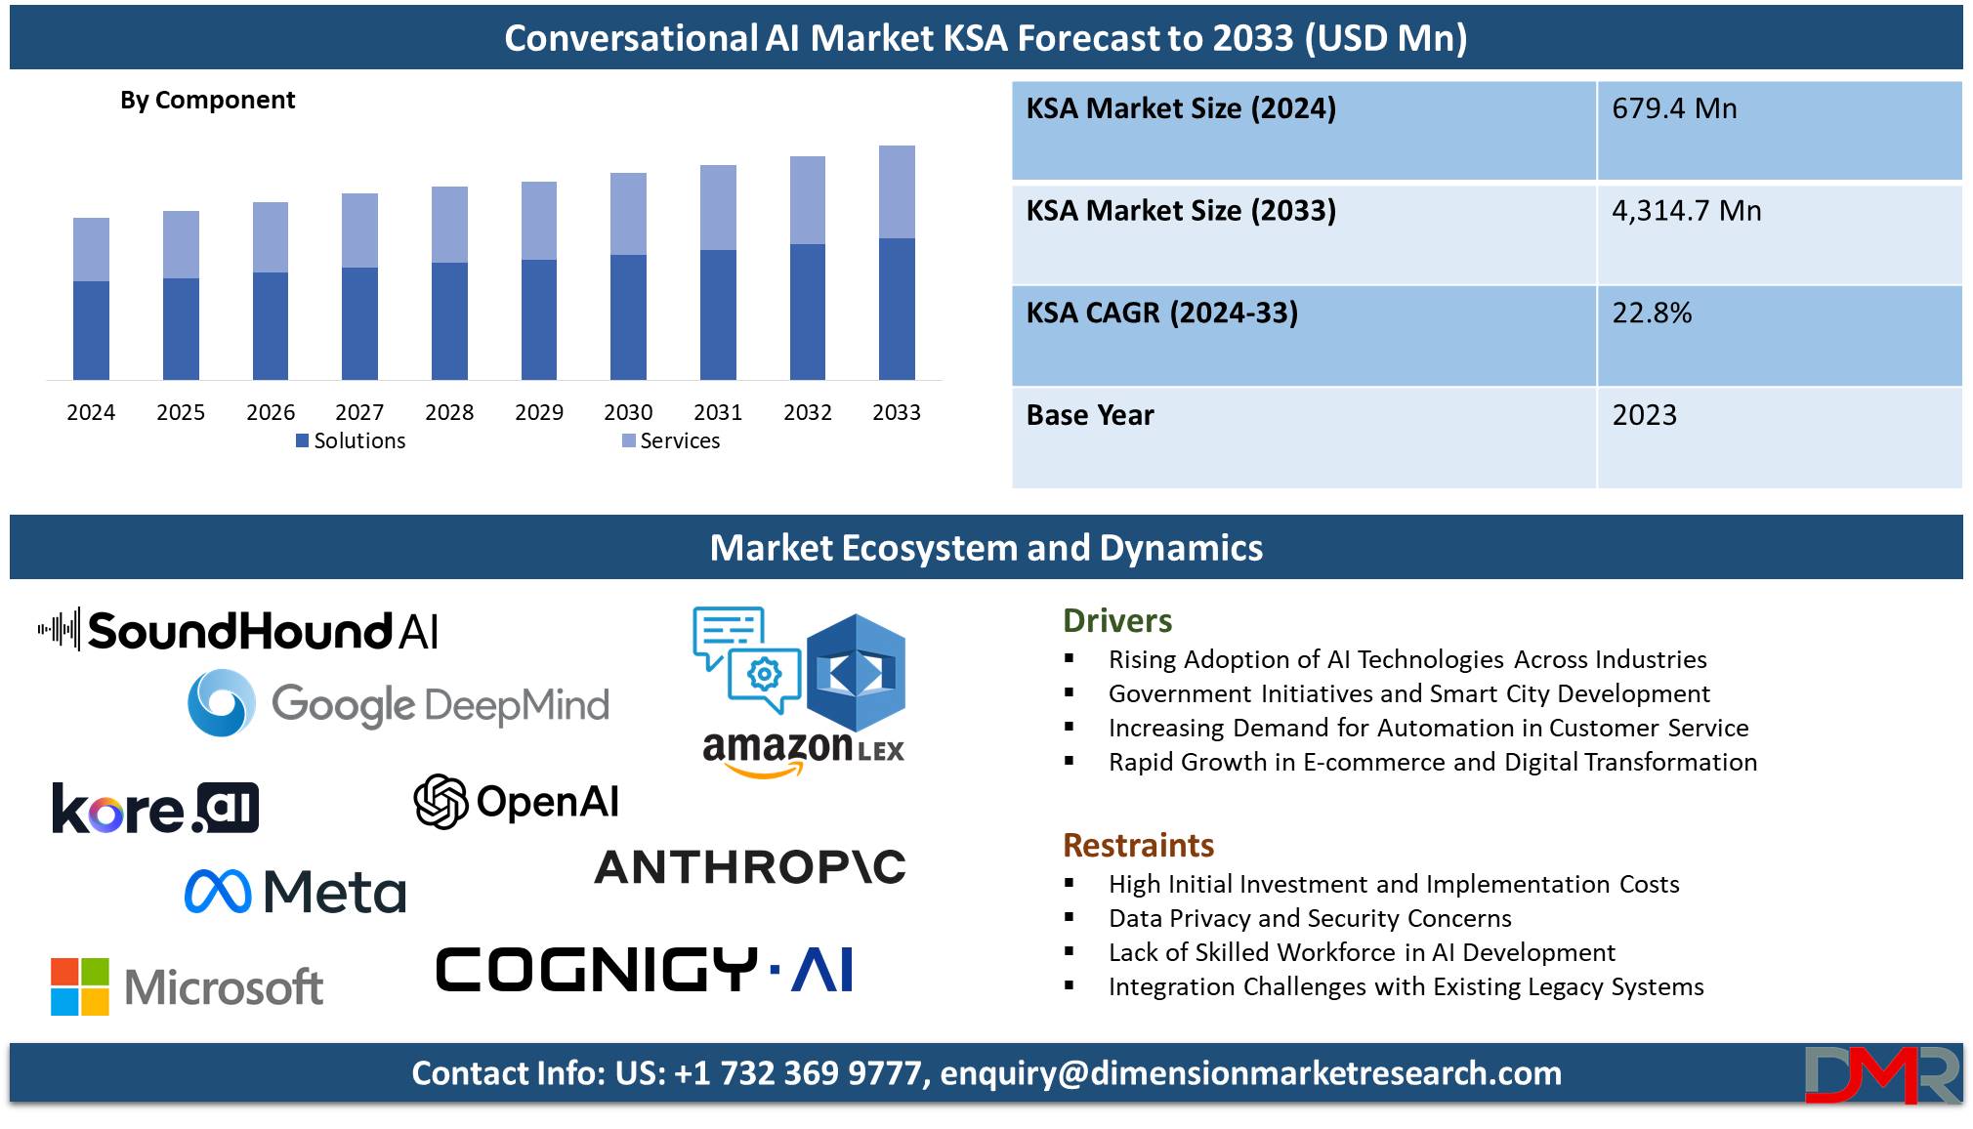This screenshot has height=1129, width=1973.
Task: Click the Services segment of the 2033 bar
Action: coord(897,192)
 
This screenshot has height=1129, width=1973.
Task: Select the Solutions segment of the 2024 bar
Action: coord(91,330)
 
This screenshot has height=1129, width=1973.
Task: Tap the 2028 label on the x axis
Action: coord(449,412)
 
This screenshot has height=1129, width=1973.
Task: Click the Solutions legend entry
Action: coord(351,440)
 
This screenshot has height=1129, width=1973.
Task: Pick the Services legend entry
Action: coord(671,440)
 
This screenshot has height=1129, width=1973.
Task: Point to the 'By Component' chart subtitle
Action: coord(207,101)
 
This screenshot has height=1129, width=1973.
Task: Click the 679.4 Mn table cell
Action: coord(1779,131)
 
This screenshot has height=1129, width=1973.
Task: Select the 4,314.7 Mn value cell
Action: coord(1779,234)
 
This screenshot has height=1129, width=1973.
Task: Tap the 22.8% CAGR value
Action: coord(1652,313)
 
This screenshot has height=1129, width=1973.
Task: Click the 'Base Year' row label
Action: coord(1090,415)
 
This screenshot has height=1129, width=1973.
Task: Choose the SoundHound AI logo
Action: coord(238,630)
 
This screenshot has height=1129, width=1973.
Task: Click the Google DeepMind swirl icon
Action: coord(222,702)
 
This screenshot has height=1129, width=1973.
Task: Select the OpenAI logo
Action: coord(516,802)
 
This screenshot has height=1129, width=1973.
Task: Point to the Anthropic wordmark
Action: coord(750,867)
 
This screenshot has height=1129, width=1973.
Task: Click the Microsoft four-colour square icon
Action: coord(80,986)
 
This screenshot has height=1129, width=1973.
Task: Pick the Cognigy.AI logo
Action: coord(645,970)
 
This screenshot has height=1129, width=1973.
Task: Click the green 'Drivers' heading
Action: coord(1117,621)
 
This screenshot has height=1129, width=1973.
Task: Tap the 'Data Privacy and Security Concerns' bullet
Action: coord(1310,918)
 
